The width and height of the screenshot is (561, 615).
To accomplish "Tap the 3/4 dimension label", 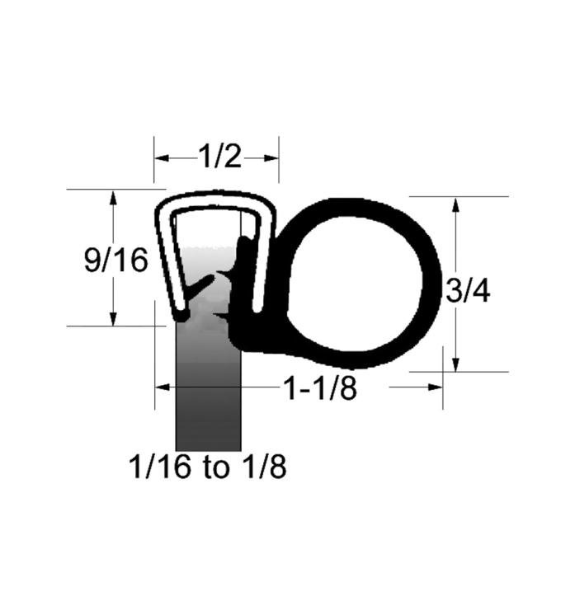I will (466, 290).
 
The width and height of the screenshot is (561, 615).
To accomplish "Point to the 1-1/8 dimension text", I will (320, 388).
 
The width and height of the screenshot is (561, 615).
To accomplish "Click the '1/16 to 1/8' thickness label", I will (208, 468).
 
